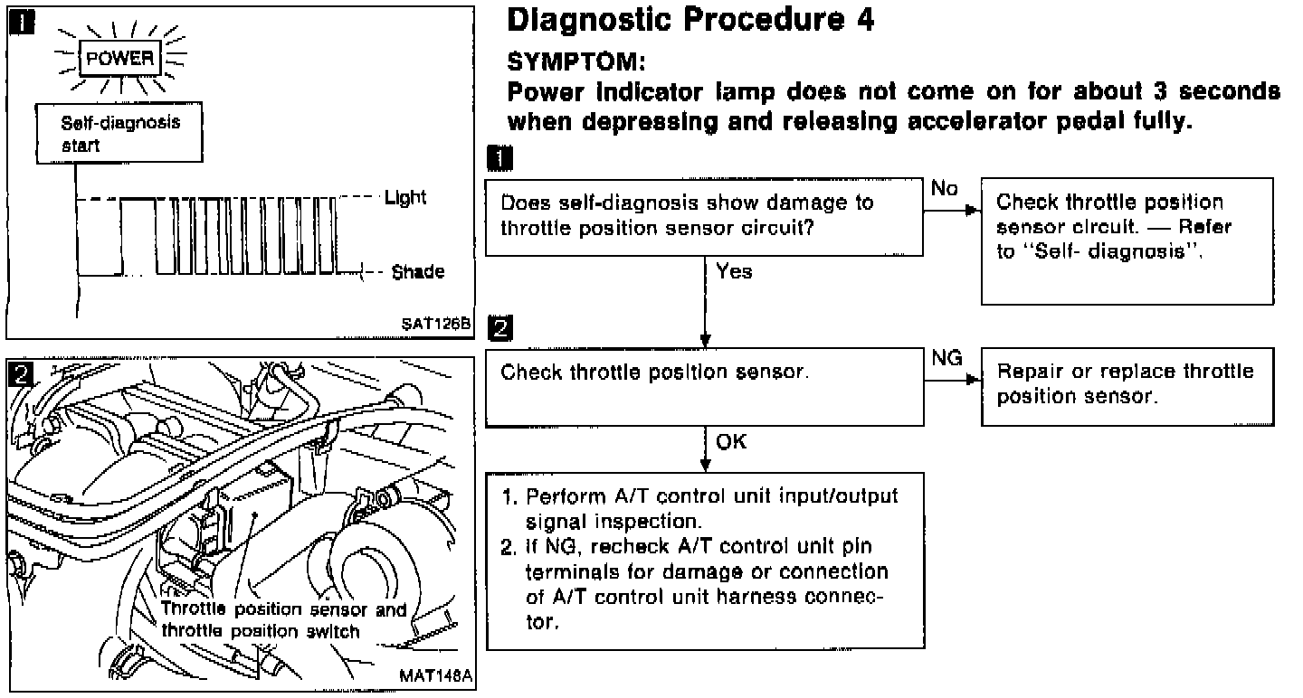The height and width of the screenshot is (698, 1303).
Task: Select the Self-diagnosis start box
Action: point(120,134)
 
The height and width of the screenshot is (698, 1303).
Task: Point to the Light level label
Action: point(405,198)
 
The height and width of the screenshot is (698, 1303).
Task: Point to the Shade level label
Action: point(418,272)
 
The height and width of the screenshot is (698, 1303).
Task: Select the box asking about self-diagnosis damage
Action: point(705,215)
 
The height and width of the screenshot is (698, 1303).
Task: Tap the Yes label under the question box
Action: point(733,271)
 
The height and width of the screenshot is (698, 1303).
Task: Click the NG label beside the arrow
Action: point(946,359)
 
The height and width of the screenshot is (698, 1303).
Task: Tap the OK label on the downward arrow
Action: point(732,443)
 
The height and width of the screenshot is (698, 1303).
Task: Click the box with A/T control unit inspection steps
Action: point(705,561)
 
